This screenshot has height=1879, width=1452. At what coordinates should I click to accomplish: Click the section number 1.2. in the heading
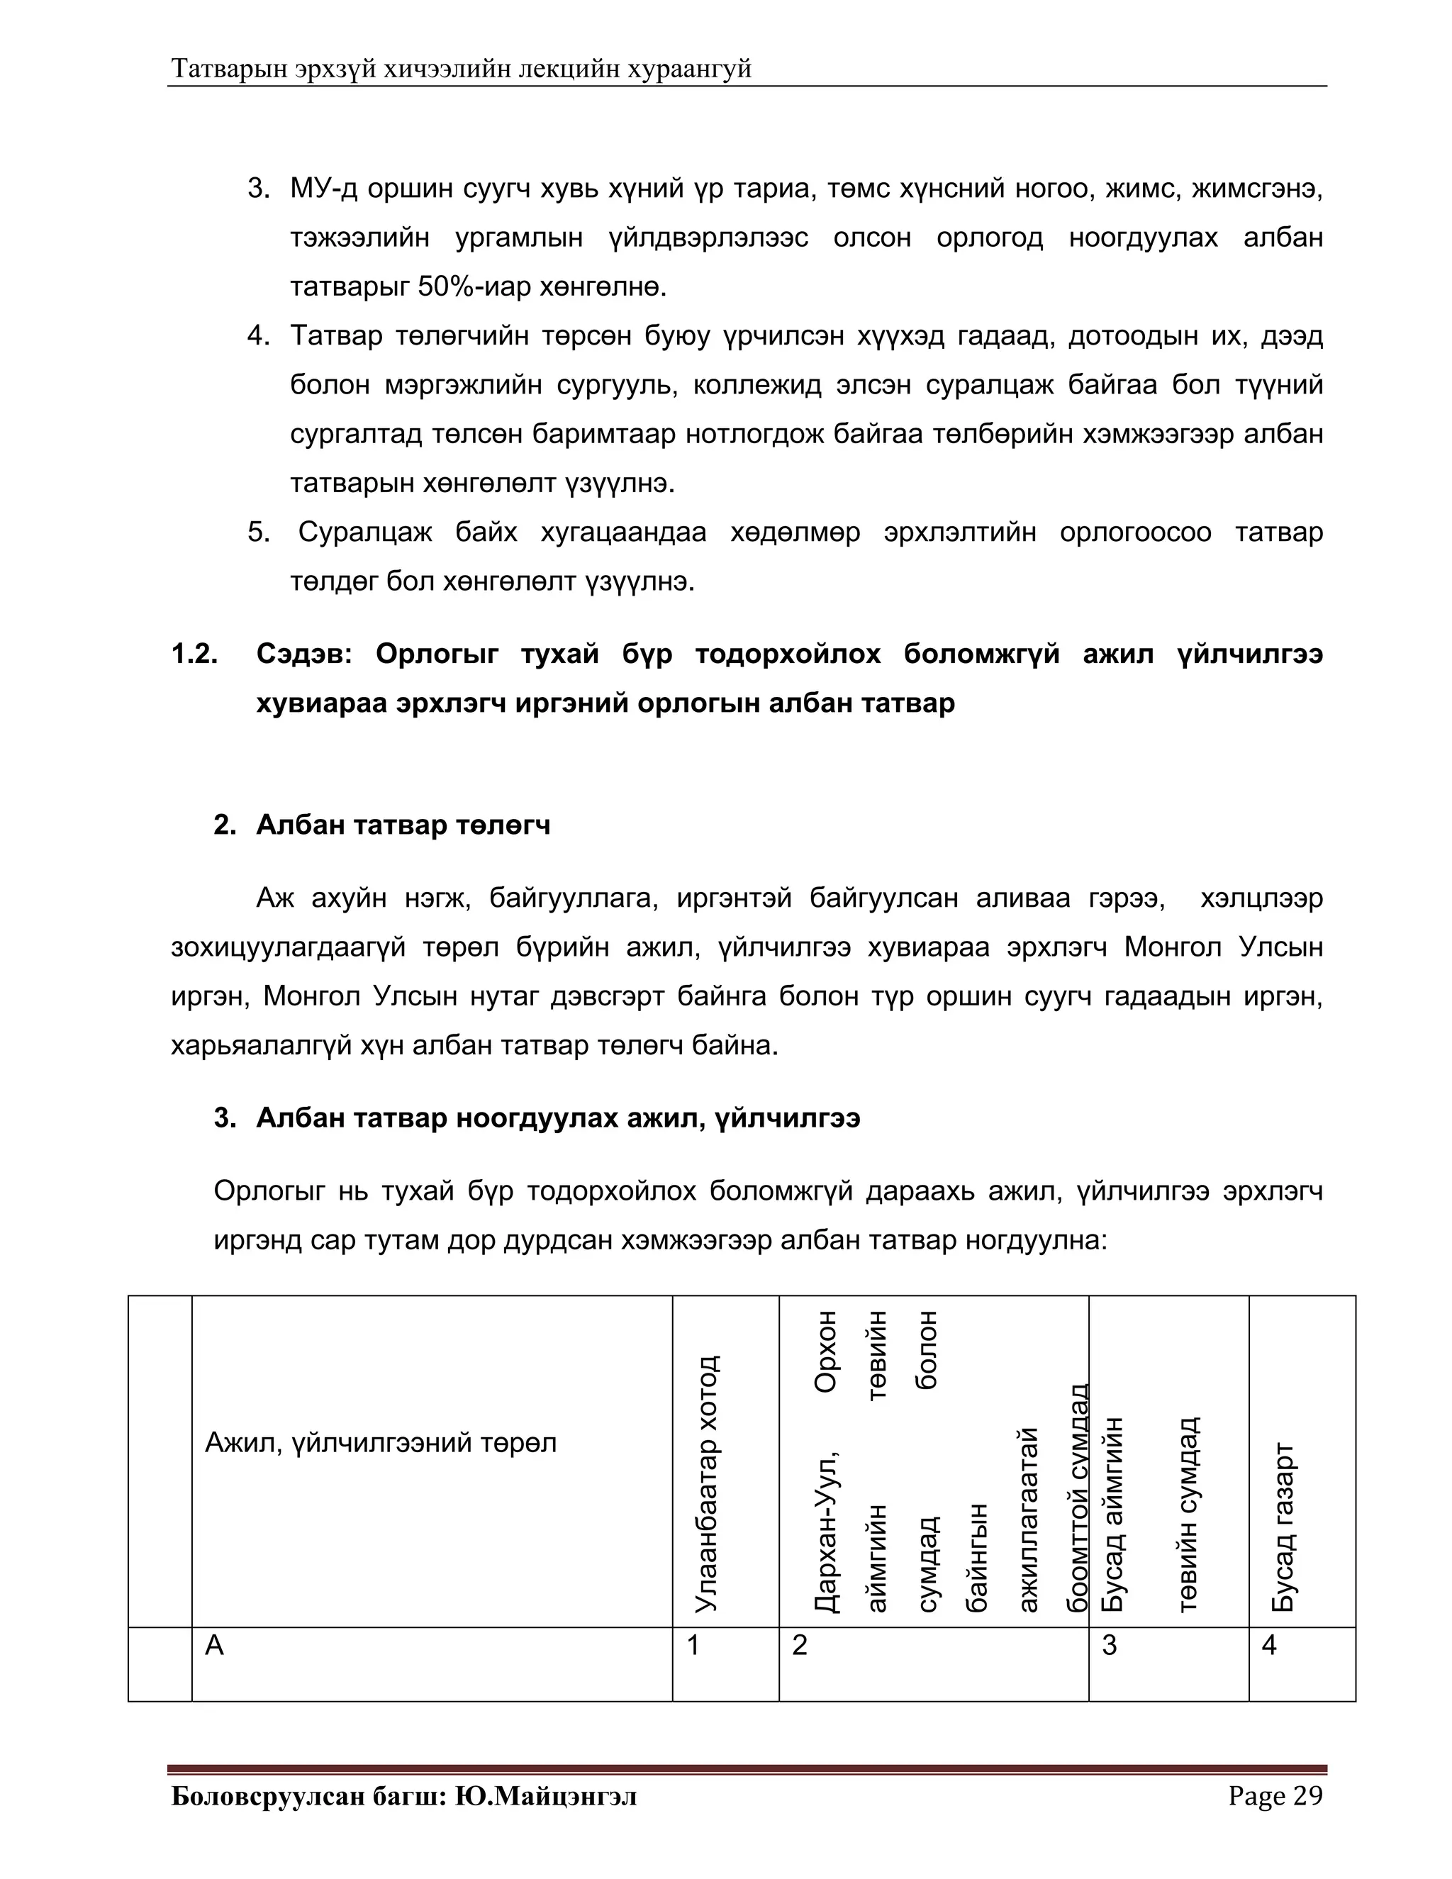click(x=194, y=654)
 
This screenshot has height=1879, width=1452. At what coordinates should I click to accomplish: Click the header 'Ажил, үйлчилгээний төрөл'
click(x=380, y=1442)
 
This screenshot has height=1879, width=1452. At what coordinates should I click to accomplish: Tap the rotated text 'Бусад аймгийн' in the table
click(x=1113, y=1515)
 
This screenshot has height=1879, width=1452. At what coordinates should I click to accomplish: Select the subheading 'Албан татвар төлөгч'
click(x=403, y=825)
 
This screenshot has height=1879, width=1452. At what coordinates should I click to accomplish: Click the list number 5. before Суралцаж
click(x=258, y=533)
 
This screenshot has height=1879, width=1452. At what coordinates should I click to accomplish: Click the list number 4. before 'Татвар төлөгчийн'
click(x=258, y=335)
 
